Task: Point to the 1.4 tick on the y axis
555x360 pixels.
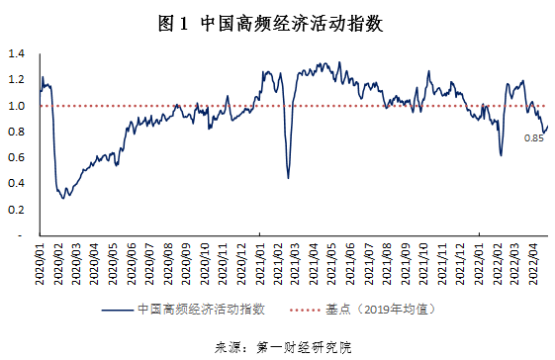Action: [x=16, y=53]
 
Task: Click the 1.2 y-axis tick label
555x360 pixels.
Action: [x=16, y=79]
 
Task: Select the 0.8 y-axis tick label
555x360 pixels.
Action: [x=16, y=132]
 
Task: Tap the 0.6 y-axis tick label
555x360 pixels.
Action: [x=16, y=157]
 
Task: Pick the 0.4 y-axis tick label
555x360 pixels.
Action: [x=16, y=184]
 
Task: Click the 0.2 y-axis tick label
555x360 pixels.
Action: [x=16, y=210]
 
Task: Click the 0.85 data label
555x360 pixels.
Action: [x=534, y=138]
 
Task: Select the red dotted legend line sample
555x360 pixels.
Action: [x=310, y=310]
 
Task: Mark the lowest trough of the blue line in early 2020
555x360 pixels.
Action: [x=64, y=198]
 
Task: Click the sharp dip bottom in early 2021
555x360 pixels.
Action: [x=288, y=178]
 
